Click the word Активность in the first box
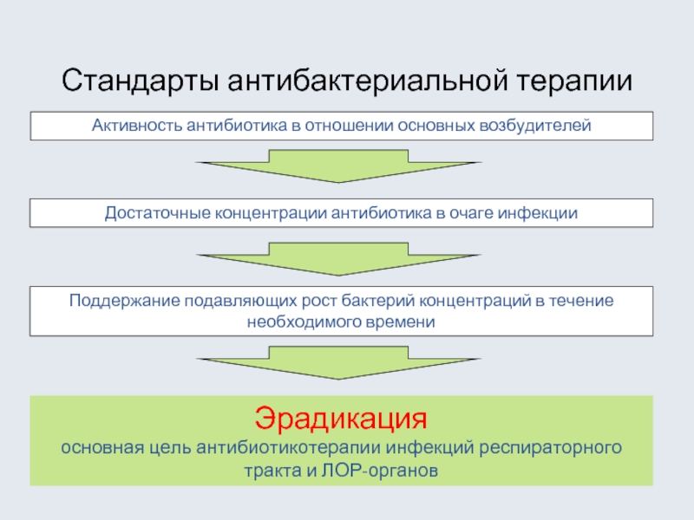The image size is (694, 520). [x=134, y=127]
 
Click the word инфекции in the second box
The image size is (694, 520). [x=543, y=213]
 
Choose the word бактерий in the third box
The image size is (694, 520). [x=382, y=301]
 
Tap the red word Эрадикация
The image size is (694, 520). [x=342, y=420]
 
